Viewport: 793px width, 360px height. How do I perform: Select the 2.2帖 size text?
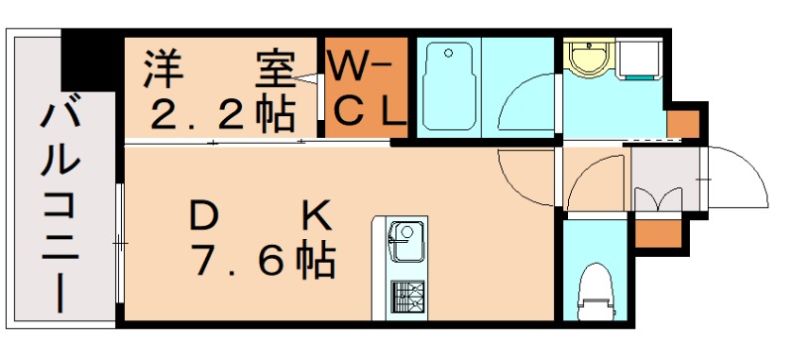pyautogui.click(x=221, y=114)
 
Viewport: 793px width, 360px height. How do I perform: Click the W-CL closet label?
pyautogui.click(x=366, y=89)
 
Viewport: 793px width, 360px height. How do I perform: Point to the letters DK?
pyautogui.click(x=261, y=213)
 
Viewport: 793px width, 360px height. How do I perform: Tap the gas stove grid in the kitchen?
pyautogui.click(x=405, y=295)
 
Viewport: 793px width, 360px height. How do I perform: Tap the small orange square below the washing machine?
pyautogui.click(x=681, y=124)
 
